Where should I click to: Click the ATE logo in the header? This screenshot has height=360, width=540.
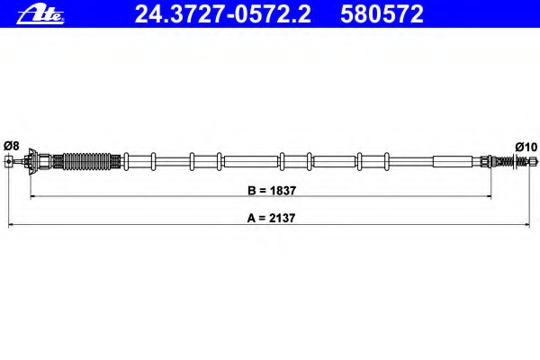[x=40, y=14]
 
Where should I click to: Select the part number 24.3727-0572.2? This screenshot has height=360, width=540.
[x=223, y=14]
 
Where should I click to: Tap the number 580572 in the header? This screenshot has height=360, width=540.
[x=382, y=14]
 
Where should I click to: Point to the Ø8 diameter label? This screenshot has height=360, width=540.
[x=12, y=146]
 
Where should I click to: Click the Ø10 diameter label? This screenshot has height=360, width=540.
[x=526, y=147]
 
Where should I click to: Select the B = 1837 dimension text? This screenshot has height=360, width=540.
[x=272, y=191]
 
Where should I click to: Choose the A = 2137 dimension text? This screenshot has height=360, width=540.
[x=272, y=218]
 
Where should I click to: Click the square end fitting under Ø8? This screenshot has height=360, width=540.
[x=9, y=161]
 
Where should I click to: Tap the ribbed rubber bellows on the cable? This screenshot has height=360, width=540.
[x=86, y=161]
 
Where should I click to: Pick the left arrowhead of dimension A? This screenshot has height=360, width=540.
[x=10, y=225]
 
